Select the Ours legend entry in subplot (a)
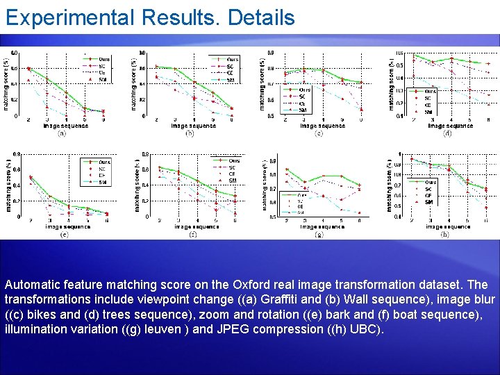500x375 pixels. coord(104,59)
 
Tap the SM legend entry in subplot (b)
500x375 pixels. coord(230,79)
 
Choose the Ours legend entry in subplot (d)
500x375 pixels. coord(431,91)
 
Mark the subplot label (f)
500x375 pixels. coord(192,234)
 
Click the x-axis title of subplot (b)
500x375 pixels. coord(192,126)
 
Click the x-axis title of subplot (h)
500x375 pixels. coord(448,226)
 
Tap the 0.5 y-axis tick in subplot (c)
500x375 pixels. coord(272,116)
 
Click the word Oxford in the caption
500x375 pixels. coord(256,285)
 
